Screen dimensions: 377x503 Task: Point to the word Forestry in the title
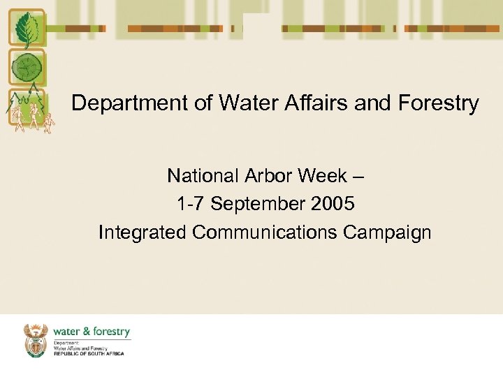pyautogui.click(x=437, y=103)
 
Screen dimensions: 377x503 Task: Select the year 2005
pyautogui.click(x=332, y=204)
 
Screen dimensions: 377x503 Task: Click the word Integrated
pyautogui.click(x=143, y=232)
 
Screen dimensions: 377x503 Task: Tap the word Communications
pyautogui.click(x=265, y=232)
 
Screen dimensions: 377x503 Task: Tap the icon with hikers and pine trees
pyautogui.click(x=27, y=109)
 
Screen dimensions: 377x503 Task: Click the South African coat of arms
pyautogui.click(x=36, y=339)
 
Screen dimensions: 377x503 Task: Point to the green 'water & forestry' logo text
pyautogui.click(x=91, y=332)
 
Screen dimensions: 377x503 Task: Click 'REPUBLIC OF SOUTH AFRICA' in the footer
pyautogui.click(x=89, y=354)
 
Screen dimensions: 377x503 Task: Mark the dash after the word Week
pyautogui.click(x=358, y=176)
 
